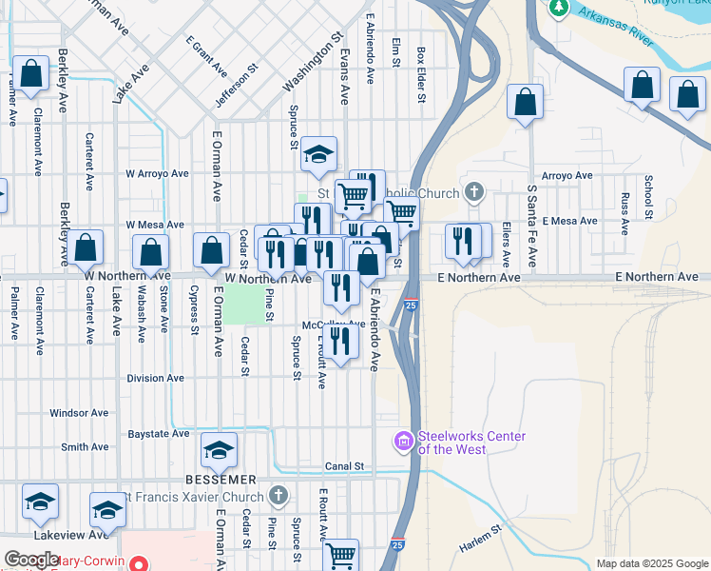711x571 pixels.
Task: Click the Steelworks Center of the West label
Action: click(x=472, y=443)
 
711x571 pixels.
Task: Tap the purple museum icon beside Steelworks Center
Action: click(x=404, y=440)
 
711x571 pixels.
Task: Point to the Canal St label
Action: click(x=345, y=466)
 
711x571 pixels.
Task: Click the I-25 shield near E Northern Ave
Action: click(x=410, y=305)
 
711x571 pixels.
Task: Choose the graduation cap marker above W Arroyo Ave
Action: click(x=319, y=154)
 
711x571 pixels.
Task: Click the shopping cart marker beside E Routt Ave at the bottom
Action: click(x=341, y=554)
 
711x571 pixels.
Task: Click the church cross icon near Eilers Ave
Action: click(x=473, y=193)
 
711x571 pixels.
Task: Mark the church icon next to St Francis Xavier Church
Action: click(x=278, y=495)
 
